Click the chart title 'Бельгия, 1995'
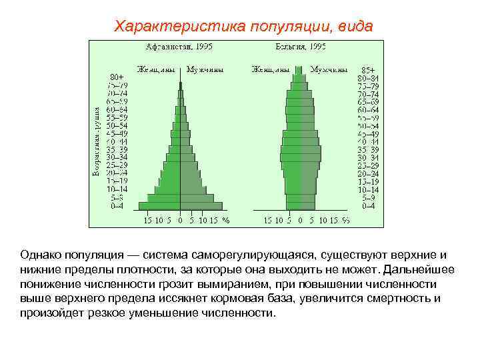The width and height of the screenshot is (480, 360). click(x=300, y=47)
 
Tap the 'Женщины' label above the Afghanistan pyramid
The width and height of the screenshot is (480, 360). click(x=157, y=69)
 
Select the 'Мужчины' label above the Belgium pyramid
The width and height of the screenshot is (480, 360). click(x=329, y=69)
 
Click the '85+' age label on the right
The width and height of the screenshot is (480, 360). click(x=367, y=70)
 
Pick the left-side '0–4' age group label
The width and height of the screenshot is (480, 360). click(x=117, y=206)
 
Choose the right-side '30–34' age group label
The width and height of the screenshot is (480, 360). click(x=367, y=157)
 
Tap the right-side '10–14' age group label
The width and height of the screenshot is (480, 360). click(x=367, y=189)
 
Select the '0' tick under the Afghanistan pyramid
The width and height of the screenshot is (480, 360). click(x=180, y=220)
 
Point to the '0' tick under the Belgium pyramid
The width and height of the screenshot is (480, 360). click(x=300, y=220)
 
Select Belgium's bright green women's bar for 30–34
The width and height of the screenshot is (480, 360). click(x=291, y=157)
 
